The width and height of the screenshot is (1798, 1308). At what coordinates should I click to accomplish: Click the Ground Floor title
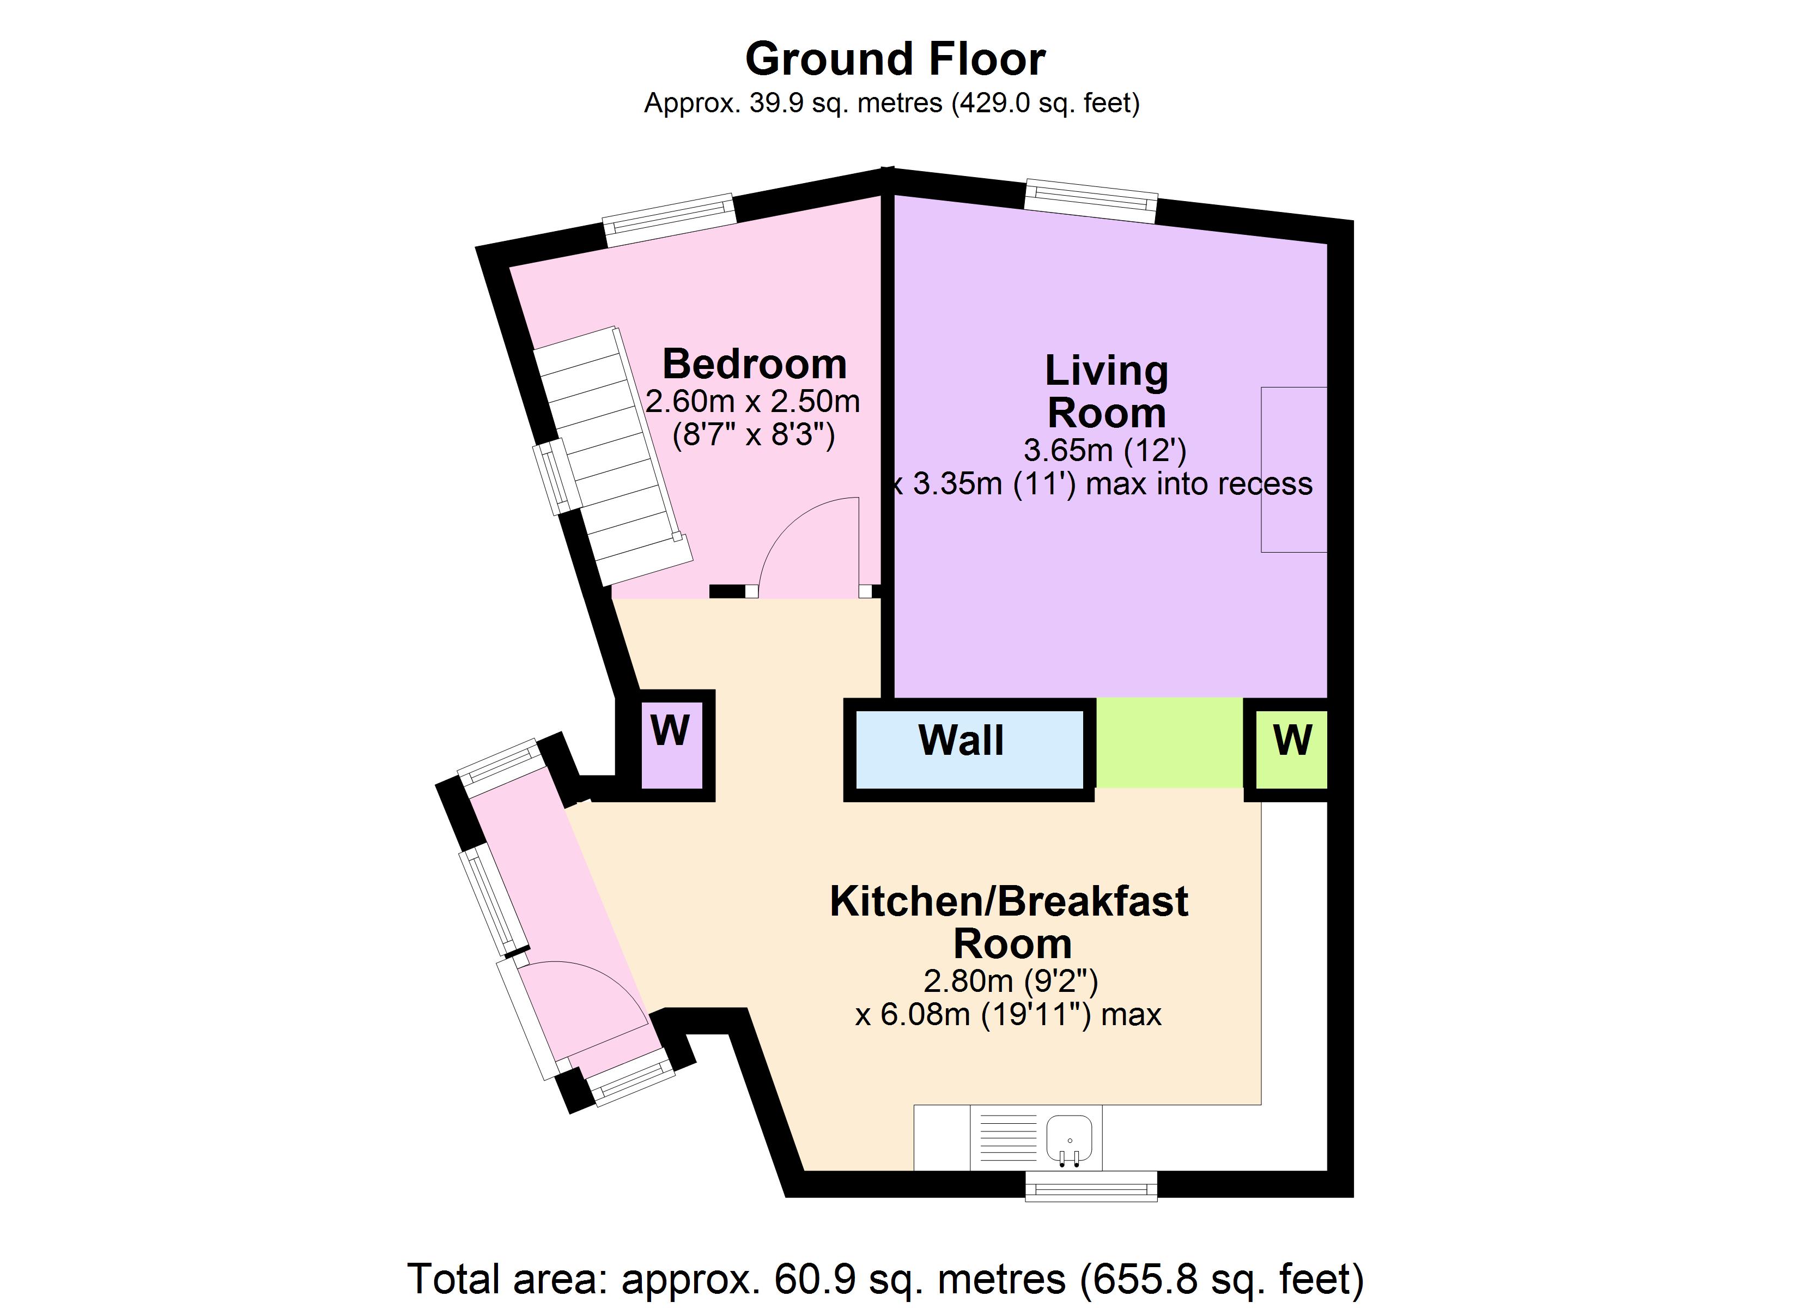(895, 59)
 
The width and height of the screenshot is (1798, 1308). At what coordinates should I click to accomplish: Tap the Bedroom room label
(754, 364)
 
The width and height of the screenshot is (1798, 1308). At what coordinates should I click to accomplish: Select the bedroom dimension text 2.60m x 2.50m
(752, 401)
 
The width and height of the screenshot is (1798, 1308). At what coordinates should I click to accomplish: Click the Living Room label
(1106, 391)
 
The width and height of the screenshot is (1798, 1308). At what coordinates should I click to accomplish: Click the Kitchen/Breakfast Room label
(1009, 922)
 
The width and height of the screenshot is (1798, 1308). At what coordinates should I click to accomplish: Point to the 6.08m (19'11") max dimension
(1009, 1014)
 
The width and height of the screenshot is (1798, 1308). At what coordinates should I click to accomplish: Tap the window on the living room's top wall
(1090, 202)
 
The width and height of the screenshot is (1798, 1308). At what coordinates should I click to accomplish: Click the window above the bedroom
(670, 220)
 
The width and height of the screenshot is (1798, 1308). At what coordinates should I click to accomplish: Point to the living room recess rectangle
(1294, 469)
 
